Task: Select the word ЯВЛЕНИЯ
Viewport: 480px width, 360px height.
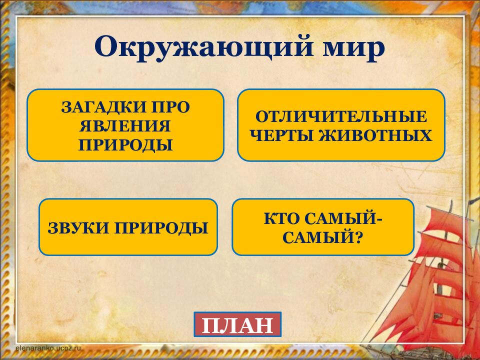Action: coord(125,125)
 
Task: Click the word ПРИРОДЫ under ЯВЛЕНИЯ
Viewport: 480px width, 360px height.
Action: coord(125,144)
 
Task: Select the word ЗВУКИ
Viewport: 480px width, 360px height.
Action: coord(78,228)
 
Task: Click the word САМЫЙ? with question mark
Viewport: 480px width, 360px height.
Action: coord(322,237)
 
